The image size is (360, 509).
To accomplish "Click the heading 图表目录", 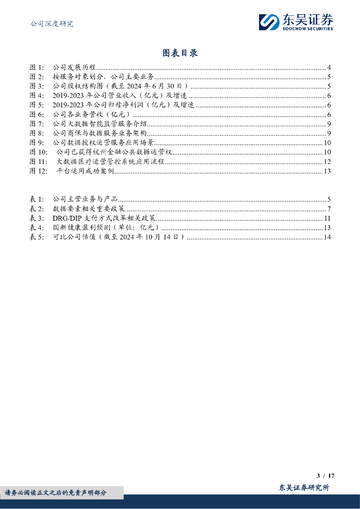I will (x=180, y=53).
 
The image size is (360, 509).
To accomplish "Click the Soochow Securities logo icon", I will (x=269, y=22).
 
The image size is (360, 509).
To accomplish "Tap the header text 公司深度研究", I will (x=52, y=23).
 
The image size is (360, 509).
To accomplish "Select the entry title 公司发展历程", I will (x=74, y=68).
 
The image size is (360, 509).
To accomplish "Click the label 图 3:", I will (x=37, y=86).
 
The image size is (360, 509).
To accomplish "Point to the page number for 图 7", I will (x=329, y=124).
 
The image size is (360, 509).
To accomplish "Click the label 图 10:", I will (x=39, y=152).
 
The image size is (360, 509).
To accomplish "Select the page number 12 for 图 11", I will (x=327, y=162).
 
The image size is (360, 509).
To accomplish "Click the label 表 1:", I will (x=37, y=199).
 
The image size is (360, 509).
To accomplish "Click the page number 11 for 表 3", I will (x=327, y=218).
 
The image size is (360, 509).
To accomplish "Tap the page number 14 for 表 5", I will (x=327, y=237).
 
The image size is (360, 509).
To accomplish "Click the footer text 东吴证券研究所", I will (x=304, y=488).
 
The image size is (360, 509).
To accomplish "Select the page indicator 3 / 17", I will (x=324, y=476).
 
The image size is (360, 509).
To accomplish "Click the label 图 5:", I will (x=37, y=105).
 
